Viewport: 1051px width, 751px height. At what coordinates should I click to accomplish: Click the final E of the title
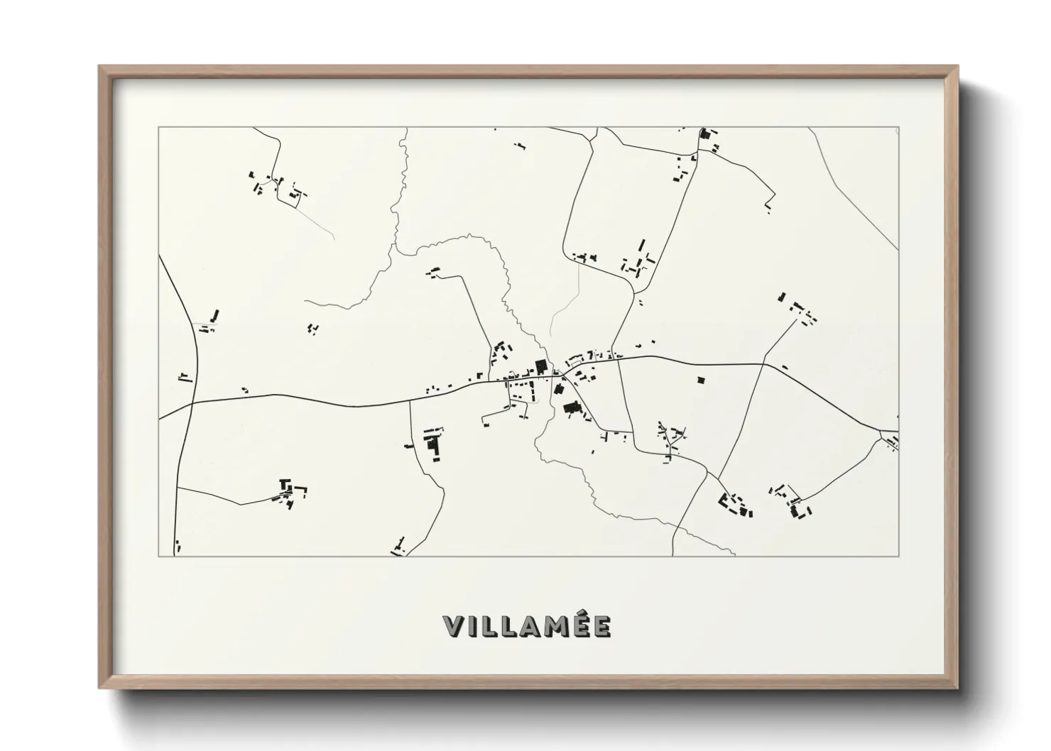[x=601, y=627]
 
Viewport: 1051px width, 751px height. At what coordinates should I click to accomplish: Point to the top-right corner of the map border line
[x=898, y=128]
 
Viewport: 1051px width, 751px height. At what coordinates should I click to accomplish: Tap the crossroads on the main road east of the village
[x=765, y=365]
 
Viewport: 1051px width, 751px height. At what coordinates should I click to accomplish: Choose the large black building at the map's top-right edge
[x=705, y=133]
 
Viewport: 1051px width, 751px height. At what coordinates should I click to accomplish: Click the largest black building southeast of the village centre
[x=570, y=407]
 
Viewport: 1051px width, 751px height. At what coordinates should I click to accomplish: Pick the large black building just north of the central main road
[x=540, y=367]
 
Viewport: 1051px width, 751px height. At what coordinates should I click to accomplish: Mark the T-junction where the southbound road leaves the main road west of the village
[x=410, y=402]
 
